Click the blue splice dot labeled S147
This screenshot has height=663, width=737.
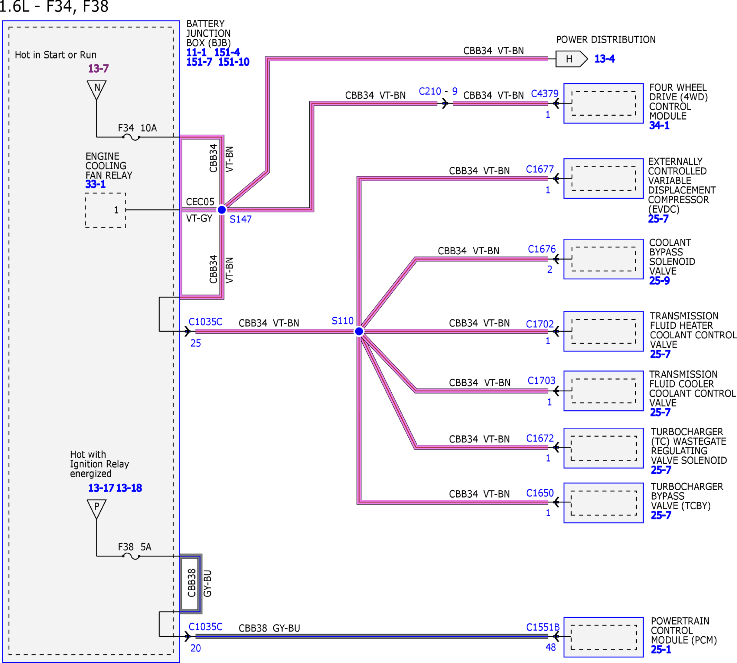click(221, 210)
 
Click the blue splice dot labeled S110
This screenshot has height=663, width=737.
click(359, 331)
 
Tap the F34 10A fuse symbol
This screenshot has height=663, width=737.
click(131, 137)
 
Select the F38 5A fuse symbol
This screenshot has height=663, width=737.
click(131, 556)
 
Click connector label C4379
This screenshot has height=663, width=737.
click(545, 94)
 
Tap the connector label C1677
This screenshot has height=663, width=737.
click(539, 169)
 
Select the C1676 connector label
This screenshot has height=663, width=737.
click(542, 249)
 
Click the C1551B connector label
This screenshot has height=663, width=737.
click(543, 627)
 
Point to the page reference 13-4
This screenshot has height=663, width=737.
click(604, 58)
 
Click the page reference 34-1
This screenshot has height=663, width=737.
click(659, 125)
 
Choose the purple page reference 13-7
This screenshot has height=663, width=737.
click(98, 69)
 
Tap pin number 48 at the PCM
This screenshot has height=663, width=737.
click(551, 647)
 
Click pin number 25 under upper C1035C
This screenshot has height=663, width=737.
click(195, 343)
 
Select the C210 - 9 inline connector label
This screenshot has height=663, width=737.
click(438, 91)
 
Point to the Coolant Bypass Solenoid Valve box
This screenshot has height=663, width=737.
click(603, 259)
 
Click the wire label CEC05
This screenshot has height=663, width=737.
click(200, 202)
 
